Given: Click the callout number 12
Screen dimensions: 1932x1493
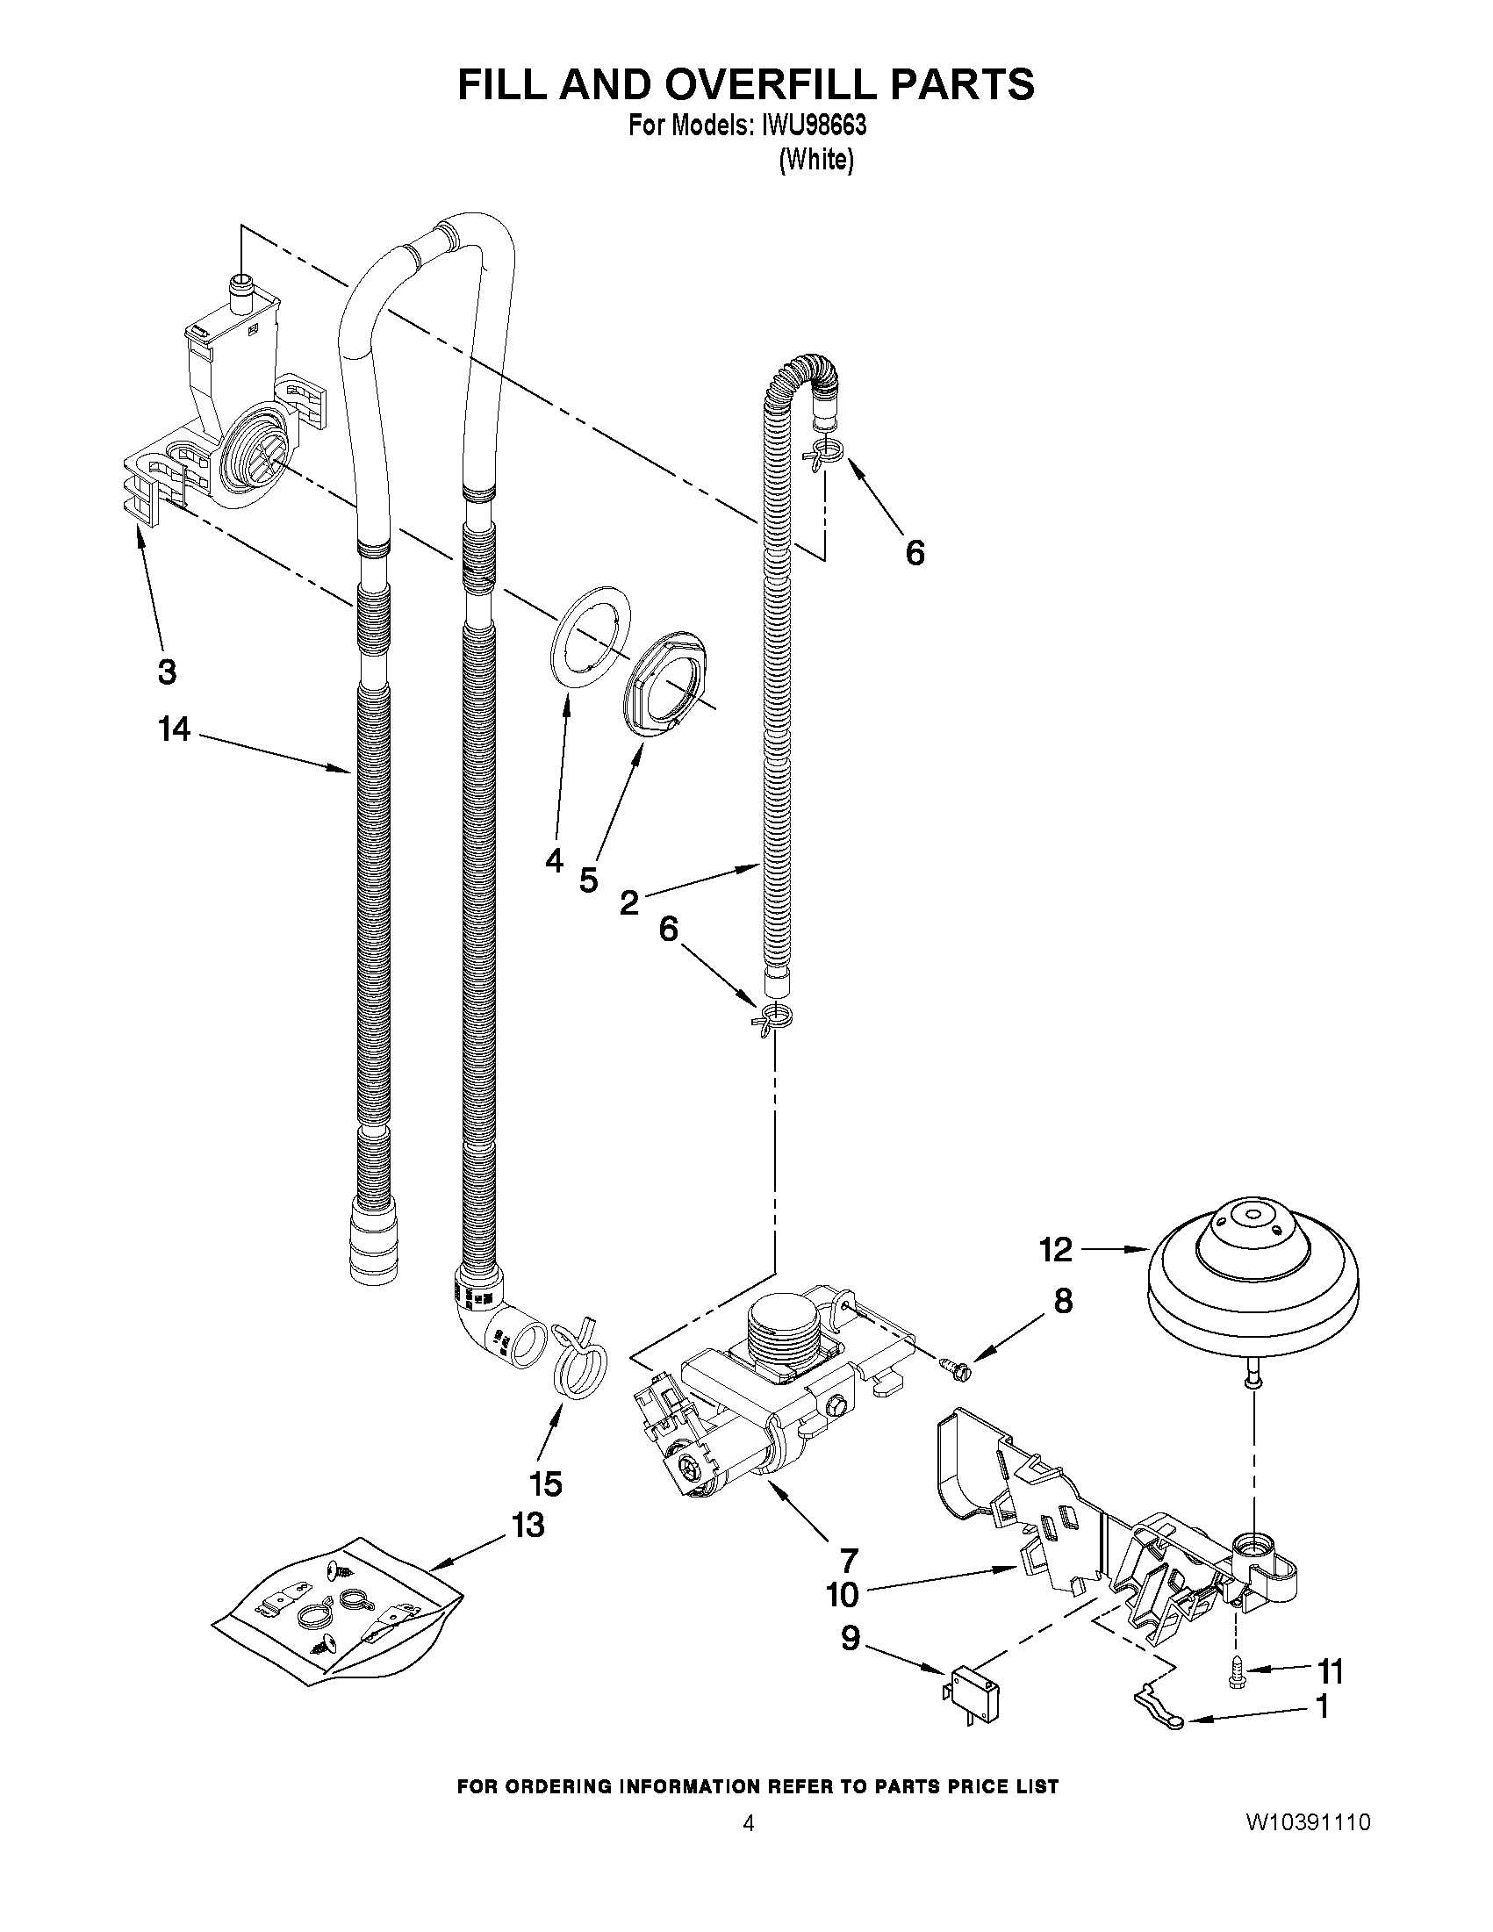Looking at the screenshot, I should [1056, 1250].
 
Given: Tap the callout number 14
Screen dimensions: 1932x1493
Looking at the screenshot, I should [175, 729].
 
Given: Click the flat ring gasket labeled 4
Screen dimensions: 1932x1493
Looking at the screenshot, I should [585, 636].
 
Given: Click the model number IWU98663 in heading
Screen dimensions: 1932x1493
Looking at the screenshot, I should [812, 126].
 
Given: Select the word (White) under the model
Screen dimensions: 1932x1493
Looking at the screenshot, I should [815, 160].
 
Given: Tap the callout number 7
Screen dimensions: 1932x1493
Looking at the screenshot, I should [847, 1557].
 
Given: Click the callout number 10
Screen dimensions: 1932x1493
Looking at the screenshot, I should [842, 1594].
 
